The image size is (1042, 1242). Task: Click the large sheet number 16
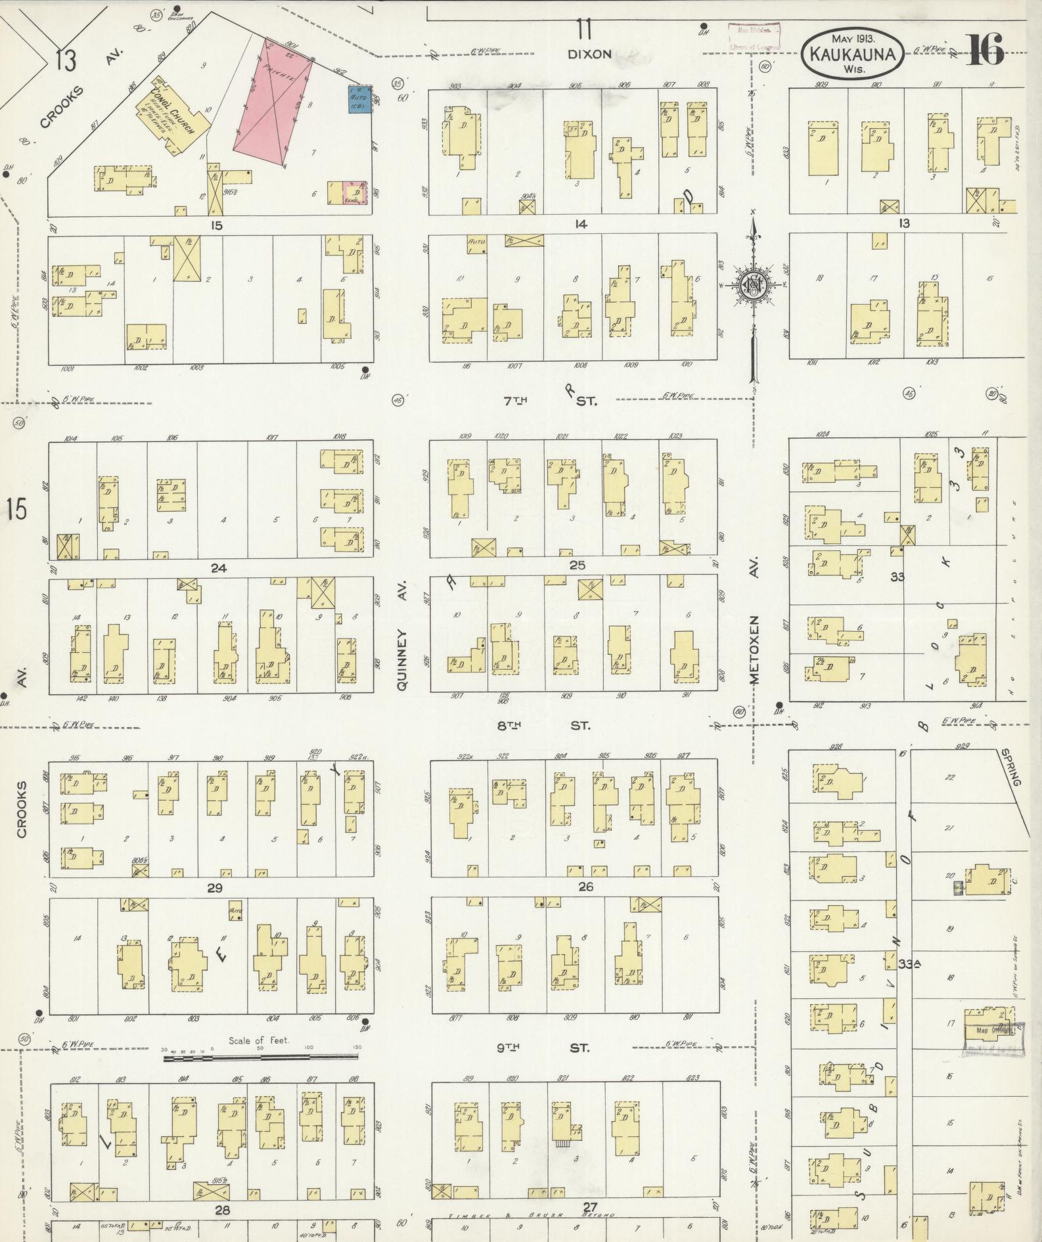click(985, 50)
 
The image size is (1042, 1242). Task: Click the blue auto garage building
click(359, 99)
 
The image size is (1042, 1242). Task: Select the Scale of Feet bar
click(261, 1058)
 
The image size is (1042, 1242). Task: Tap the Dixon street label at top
click(589, 55)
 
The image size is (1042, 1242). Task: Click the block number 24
click(218, 568)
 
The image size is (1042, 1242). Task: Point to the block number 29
click(215, 889)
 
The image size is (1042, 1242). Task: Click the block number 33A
click(911, 964)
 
